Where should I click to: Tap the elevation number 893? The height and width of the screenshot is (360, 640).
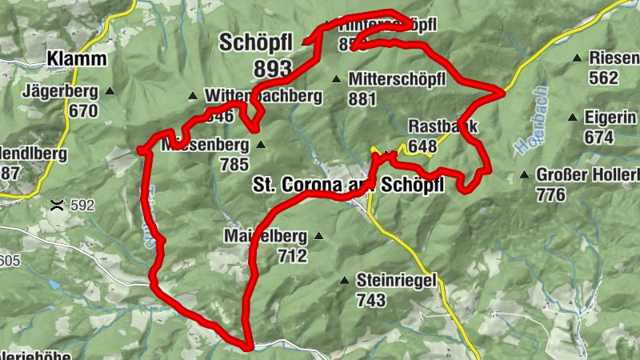click(272, 70)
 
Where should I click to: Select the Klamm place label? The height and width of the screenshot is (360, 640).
click(76, 58)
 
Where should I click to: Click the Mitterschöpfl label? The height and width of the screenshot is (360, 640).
click(398, 79)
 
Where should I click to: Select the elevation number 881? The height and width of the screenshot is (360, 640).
click(362, 98)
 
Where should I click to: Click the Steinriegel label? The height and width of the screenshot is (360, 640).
click(395, 281)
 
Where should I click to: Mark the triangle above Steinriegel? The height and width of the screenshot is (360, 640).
click(344, 280)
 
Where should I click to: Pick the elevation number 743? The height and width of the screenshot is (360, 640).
click(372, 301)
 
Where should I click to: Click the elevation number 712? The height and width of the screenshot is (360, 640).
click(292, 256)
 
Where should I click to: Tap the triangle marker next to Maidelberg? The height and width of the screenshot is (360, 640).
click(318, 236)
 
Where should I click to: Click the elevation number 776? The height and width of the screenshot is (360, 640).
click(551, 194)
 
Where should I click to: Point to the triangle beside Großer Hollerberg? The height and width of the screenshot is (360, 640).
click(525, 174)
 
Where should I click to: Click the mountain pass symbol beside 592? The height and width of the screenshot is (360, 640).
click(56, 205)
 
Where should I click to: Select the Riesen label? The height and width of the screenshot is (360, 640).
click(614, 58)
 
